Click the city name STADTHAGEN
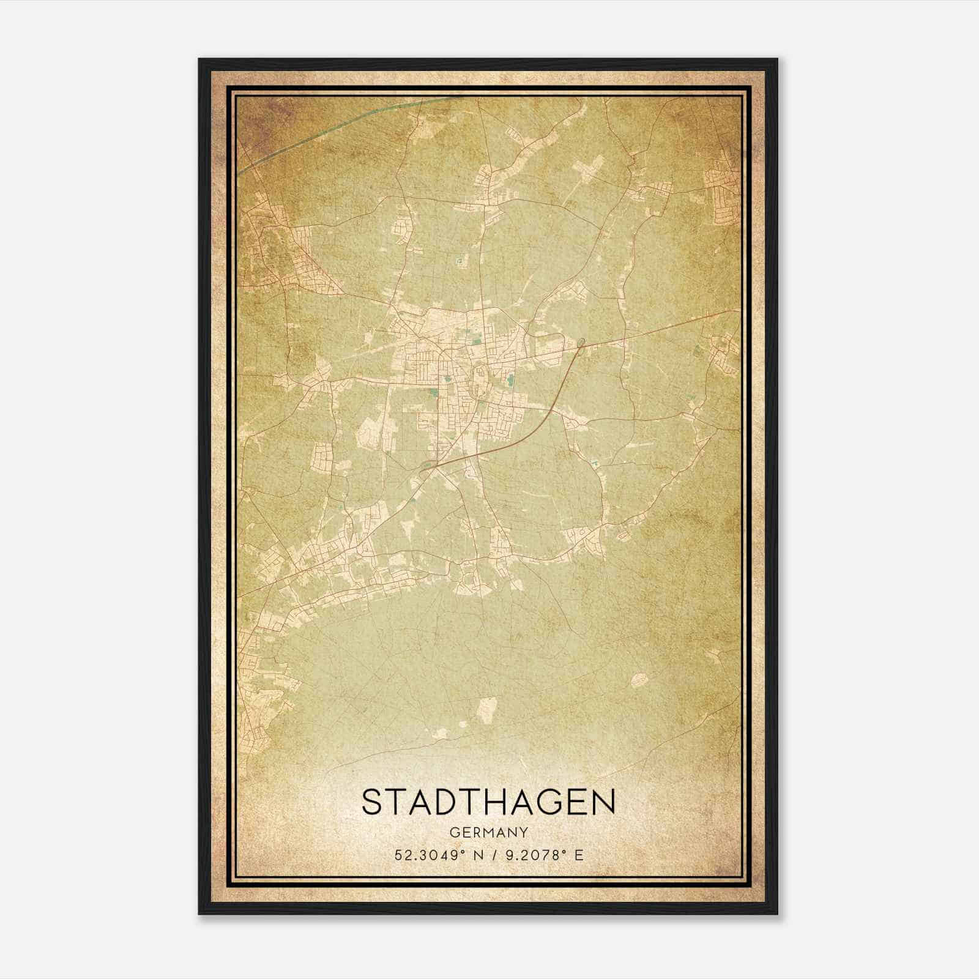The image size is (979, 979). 488,802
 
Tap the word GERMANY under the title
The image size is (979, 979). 488,833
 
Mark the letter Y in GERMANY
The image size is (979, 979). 523,833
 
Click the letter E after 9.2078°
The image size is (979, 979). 578,855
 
